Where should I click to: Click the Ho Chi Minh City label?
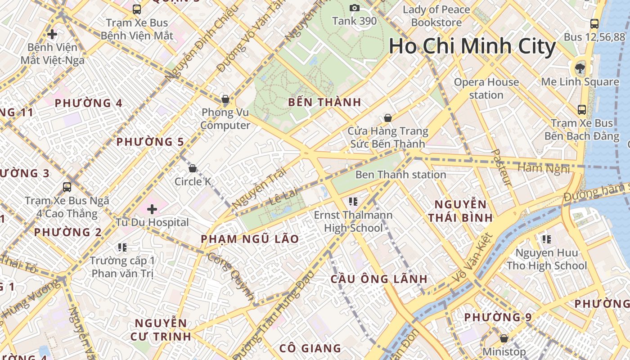(472, 47)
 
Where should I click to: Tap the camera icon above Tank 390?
(355, 8)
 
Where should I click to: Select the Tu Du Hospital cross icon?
(152, 209)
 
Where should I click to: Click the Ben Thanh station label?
(400, 175)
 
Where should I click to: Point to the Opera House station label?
(486, 88)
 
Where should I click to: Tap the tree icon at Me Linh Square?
(580, 68)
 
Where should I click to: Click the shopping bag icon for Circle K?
(193, 168)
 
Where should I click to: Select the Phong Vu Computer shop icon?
(225, 99)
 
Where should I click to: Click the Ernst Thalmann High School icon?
(353, 201)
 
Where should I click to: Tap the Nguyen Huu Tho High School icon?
(547, 239)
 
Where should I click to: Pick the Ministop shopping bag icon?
(504, 338)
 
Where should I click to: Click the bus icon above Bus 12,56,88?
(594, 24)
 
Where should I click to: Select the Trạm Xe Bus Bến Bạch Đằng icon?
(581, 109)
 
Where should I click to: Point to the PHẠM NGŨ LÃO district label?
(250, 239)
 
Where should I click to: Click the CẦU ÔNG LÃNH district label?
(379, 279)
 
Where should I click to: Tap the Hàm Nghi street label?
(544, 168)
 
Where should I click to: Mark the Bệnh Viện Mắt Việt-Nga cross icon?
(52, 34)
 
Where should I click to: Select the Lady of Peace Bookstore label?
(436, 16)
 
